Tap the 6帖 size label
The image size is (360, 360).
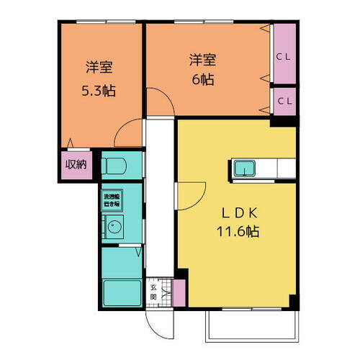202,81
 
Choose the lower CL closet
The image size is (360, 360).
284,101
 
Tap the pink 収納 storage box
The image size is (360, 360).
76,164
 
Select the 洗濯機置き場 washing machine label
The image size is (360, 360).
112,201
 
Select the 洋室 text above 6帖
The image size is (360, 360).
202,58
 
